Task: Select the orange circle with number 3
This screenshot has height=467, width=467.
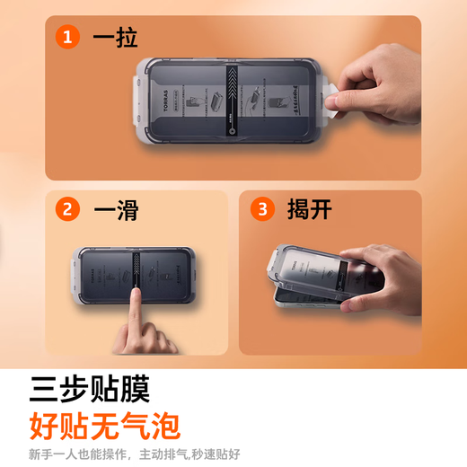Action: pyautogui.click(x=262, y=210)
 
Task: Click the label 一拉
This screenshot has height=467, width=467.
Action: pyautogui.click(x=114, y=38)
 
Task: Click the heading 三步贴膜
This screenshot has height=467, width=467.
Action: pyautogui.click(x=89, y=389)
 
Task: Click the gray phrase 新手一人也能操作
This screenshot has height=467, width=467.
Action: pyautogui.click(x=78, y=454)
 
